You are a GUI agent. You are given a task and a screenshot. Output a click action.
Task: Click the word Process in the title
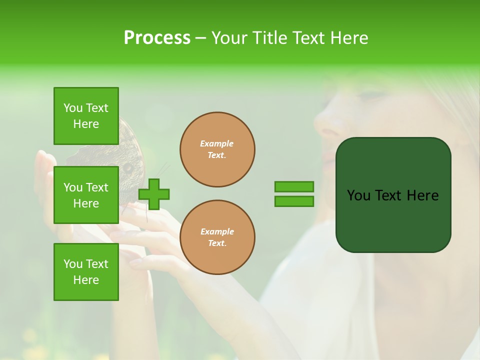pyautogui.click(x=157, y=38)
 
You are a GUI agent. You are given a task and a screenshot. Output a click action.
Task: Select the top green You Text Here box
pyautogui.click(x=86, y=116)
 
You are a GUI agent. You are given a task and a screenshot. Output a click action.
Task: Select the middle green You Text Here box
pyautogui.click(x=86, y=195)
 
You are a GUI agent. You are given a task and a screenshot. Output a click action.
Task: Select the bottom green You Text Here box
pyautogui.click(x=86, y=271)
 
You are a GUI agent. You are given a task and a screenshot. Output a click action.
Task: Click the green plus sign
pyautogui.click(x=153, y=194)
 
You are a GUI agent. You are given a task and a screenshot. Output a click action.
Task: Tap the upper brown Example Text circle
pyautogui.click(x=217, y=149)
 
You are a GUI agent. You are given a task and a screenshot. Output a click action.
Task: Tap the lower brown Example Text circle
pyautogui.click(x=217, y=237)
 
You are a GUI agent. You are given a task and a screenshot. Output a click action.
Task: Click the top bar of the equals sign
pyautogui.click(x=294, y=187)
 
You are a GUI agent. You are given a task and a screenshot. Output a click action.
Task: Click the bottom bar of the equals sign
pyautogui.click(x=294, y=201)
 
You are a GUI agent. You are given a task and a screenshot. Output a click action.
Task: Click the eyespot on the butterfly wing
pyautogui.click(x=127, y=168)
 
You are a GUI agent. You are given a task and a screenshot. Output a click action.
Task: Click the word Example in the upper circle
pyautogui.click(x=216, y=143)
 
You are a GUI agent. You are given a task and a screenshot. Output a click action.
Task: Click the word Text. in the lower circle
pyautogui.click(x=217, y=243)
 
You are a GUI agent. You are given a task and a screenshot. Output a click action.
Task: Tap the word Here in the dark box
pyautogui.click(x=422, y=195)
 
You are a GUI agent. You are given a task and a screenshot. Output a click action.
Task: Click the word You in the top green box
pyautogui.click(x=73, y=108)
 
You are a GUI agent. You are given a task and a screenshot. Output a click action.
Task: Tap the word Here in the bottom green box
pyautogui.click(x=86, y=280)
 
